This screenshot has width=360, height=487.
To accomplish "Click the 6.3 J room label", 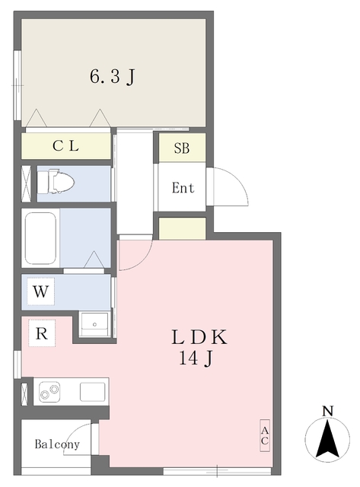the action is click(x=113, y=76).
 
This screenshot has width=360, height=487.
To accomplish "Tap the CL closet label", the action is click(x=65, y=145).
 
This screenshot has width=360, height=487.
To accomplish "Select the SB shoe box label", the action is click(x=182, y=148).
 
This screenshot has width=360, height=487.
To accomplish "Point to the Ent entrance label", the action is click(x=183, y=188).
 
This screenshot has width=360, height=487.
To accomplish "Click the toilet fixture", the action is click(x=56, y=183).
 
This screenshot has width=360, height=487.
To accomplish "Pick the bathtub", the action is click(x=40, y=238).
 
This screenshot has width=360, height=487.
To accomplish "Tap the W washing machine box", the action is click(x=40, y=291).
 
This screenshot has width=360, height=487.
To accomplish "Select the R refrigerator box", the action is click(x=42, y=333).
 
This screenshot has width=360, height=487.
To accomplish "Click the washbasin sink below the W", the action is click(x=94, y=324).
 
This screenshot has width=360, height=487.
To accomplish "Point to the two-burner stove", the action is click(x=49, y=392).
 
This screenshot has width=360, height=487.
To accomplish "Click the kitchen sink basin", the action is click(x=93, y=392).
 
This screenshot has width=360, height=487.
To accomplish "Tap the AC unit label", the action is click(x=265, y=435).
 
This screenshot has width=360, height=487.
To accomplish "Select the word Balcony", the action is click(x=57, y=444).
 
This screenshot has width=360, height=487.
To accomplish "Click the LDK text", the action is click(x=199, y=337).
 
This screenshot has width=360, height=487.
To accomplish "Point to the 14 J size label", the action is click(x=196, y=358).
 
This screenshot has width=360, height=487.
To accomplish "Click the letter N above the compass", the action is click(x=328, y=411).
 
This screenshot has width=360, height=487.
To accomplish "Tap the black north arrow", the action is click(x=327, y=438).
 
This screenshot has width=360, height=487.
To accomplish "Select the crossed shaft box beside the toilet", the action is click(x=26, y=183).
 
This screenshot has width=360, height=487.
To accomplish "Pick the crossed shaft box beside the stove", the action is click(x=24, y=394).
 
